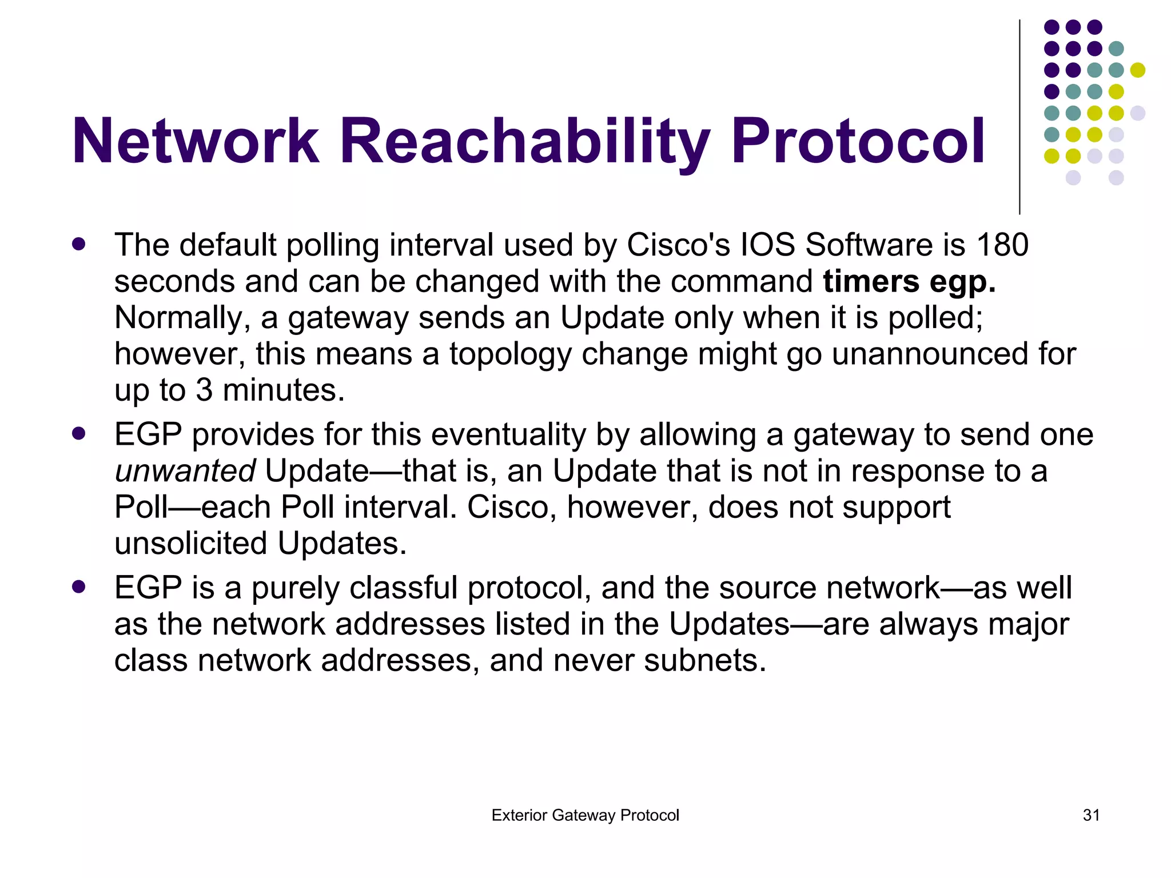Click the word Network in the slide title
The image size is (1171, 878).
[195, 141]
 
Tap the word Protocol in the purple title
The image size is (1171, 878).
[858, 141]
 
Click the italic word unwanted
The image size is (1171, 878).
[185, 471]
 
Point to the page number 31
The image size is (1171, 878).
[1091, 815]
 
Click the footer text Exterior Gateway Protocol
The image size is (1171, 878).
[585, 815]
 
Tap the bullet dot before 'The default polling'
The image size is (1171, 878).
[79, 245]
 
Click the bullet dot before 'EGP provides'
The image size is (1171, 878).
[79, 434]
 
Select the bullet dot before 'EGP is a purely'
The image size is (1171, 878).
[79, 587]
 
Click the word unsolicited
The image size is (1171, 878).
[190, 543]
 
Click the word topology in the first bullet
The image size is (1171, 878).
[510, 354]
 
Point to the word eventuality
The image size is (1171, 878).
[508, 434]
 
